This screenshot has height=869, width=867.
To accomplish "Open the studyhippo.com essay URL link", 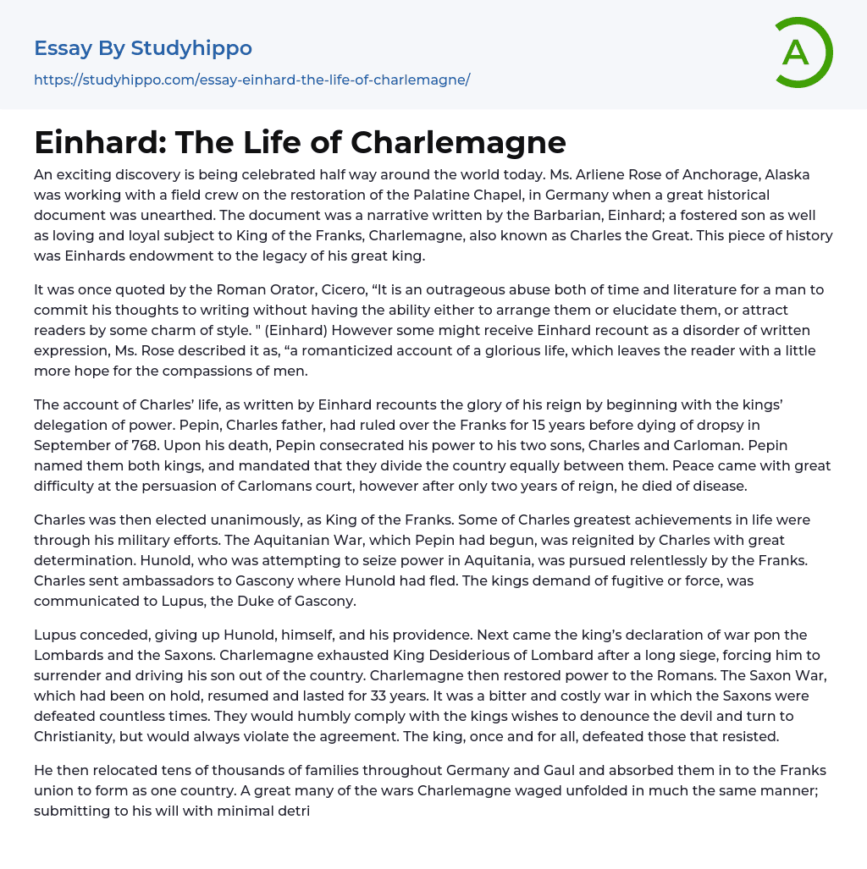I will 251,80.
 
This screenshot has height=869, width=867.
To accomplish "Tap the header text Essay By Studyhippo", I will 143,48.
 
